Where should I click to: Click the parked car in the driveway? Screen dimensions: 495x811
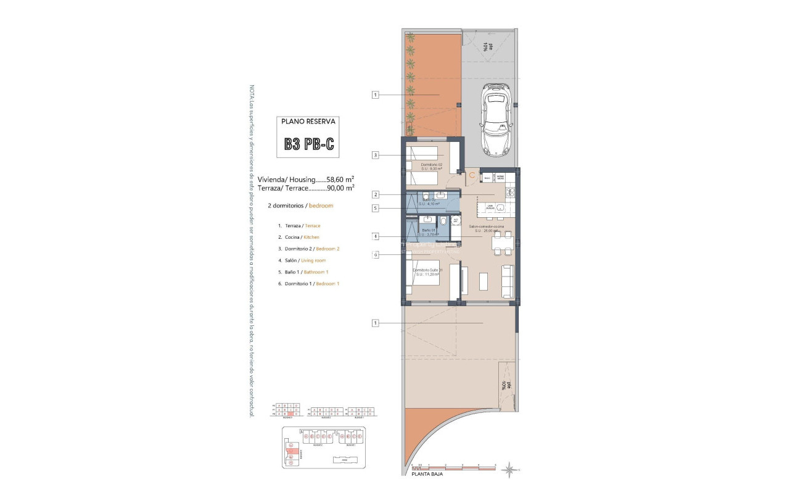click(497, 119)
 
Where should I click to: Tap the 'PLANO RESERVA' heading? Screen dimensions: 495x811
click(308, 122)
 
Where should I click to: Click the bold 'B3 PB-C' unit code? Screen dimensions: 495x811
click(309, 144)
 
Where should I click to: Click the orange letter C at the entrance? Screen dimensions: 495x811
click(472, 176)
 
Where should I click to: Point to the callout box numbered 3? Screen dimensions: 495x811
click(376, 156)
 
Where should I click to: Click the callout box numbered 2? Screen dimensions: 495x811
click(376, 194)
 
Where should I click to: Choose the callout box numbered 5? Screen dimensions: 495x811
click(376, 209)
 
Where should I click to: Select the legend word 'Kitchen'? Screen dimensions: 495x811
click(311, 237)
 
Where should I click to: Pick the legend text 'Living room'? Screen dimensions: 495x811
click(313, 260)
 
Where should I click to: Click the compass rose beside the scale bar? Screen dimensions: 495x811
click(509, 470)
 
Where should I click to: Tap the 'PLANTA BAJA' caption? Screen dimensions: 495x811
click(427, 474)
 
